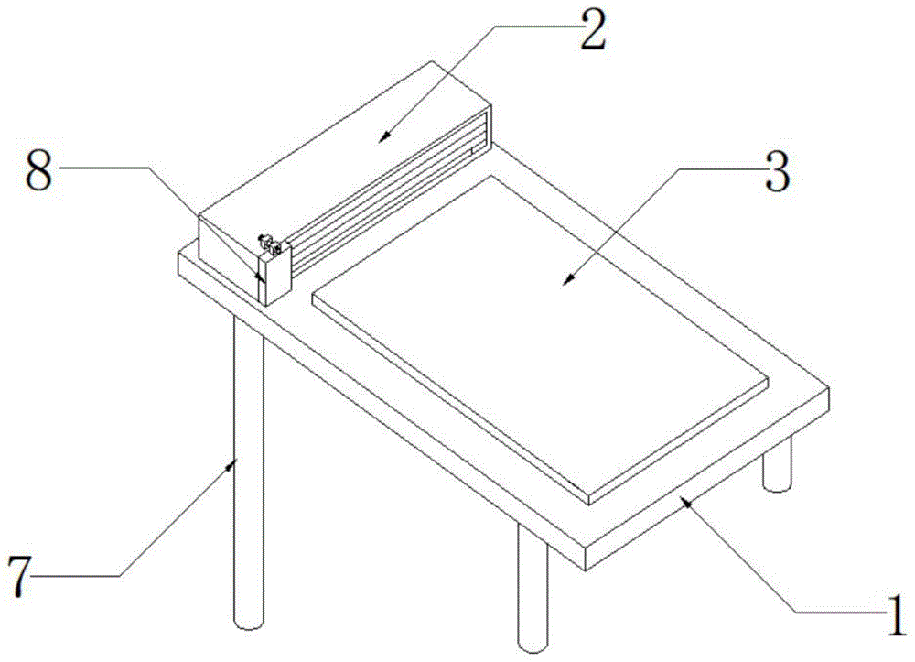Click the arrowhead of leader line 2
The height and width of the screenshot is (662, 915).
pos(383,136)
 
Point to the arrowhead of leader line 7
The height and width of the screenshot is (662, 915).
pos(232,465)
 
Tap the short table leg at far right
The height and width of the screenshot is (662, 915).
pos(777,463)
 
